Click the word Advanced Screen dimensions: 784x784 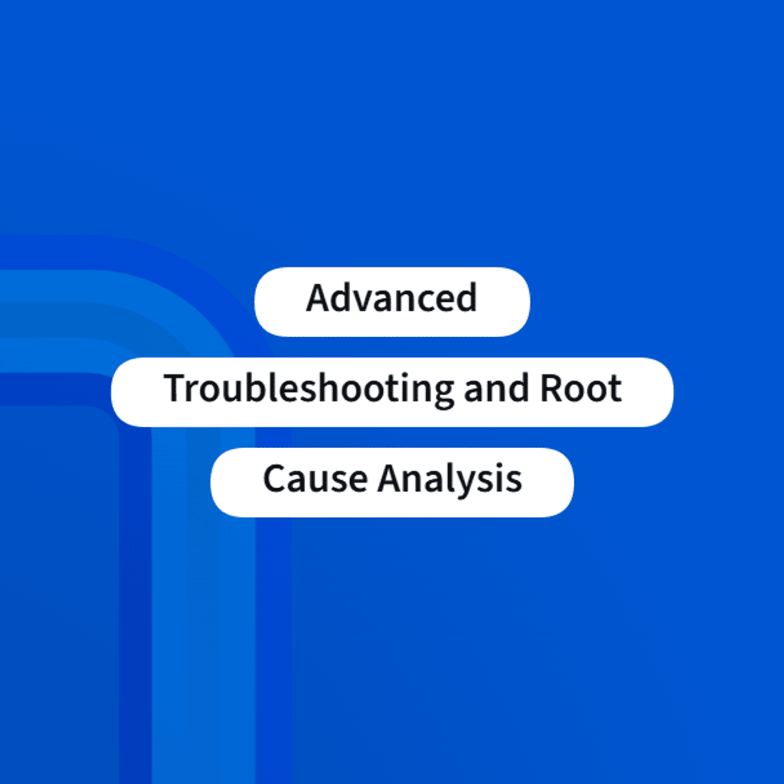pyautogui.click(x=391, y=298)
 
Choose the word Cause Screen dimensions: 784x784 pyautogui.click(x=316, y=478)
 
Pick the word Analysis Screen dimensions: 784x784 pyautogui.click(x=449, y=480)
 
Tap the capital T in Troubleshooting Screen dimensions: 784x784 pyautogui.click(x=176, y=388)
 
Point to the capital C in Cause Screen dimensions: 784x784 pyautogui.click(x=276, y=478)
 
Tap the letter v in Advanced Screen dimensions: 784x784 pyautogui.click(x=369, y=302)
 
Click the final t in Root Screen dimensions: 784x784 pyautogui.click(x=614, y=390)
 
